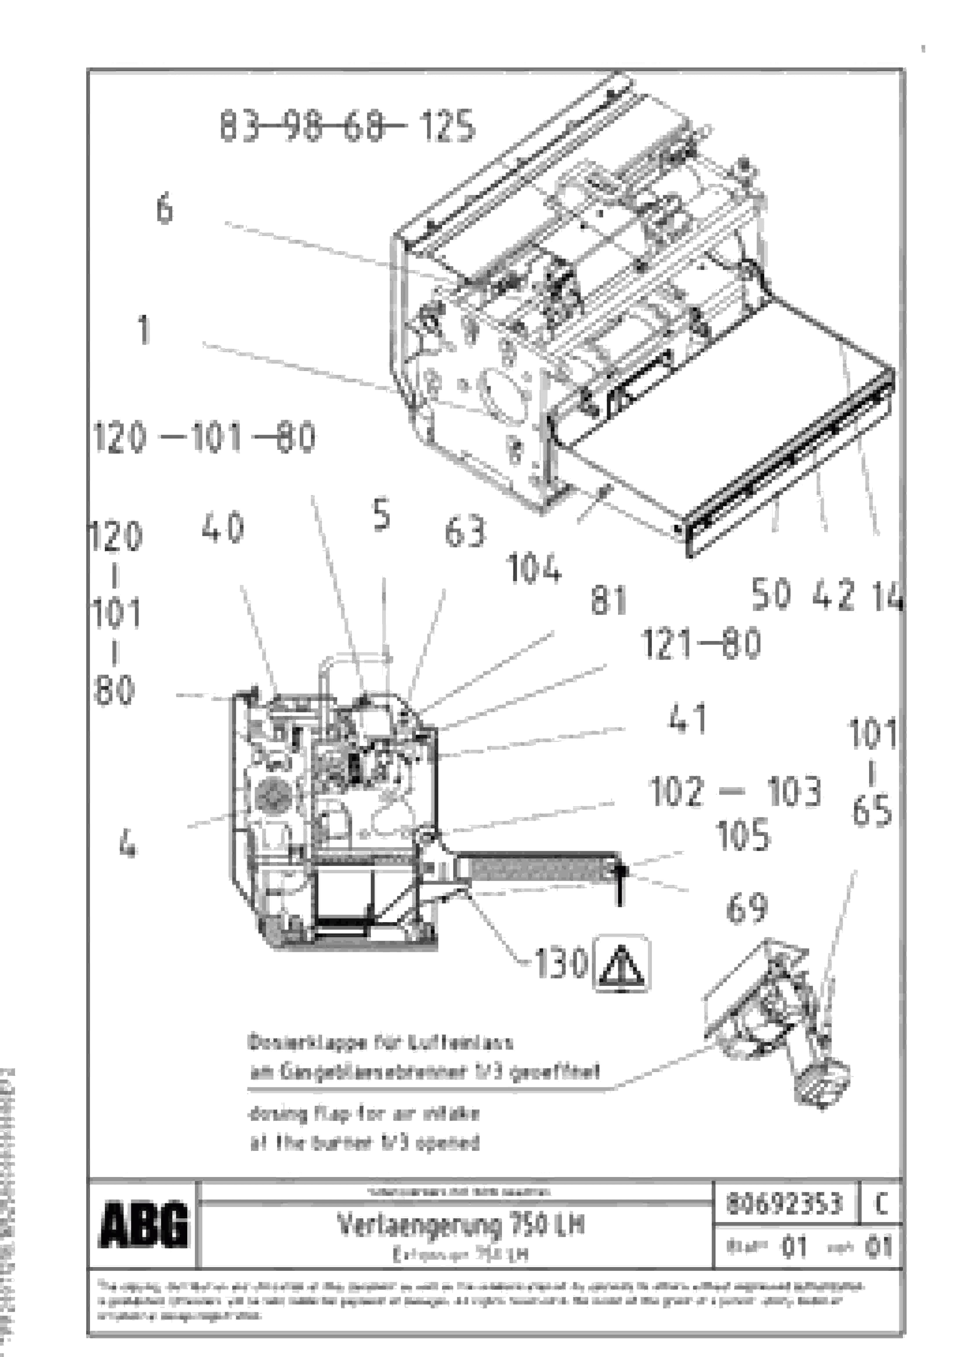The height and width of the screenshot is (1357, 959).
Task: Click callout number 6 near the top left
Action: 164,209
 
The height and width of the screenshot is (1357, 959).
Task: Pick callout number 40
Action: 223,528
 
